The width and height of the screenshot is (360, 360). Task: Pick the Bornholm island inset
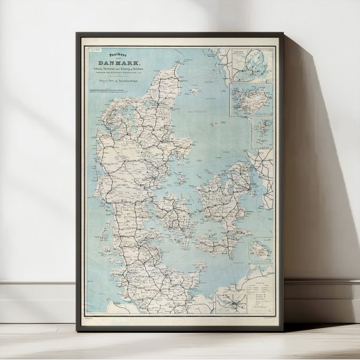tap(260, 251)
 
